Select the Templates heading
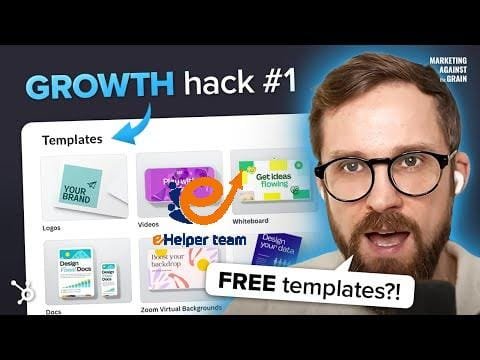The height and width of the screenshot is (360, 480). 73,139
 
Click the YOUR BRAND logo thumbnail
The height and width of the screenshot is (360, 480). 84,187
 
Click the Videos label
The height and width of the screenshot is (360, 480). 149,226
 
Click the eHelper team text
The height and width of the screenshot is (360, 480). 200,240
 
